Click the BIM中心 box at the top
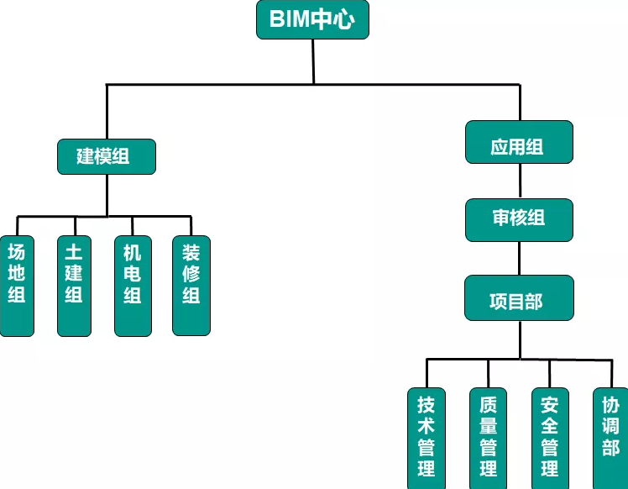point(312,20)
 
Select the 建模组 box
point(106,156)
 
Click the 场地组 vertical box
point(17,286)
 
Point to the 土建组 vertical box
point(74,286)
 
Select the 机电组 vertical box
point(133,286)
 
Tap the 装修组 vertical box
point(191,286)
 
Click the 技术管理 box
point(427,437)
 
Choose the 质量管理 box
point(488,437)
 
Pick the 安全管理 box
point(550,437)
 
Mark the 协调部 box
point(610,437)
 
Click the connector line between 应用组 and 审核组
point(519,181)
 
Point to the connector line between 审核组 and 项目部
point(519,258)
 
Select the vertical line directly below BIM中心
point(313,61)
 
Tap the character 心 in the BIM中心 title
point(354,21)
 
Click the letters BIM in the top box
point(288,21)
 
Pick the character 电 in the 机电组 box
point(133,274)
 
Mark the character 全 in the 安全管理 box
point(550,425)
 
